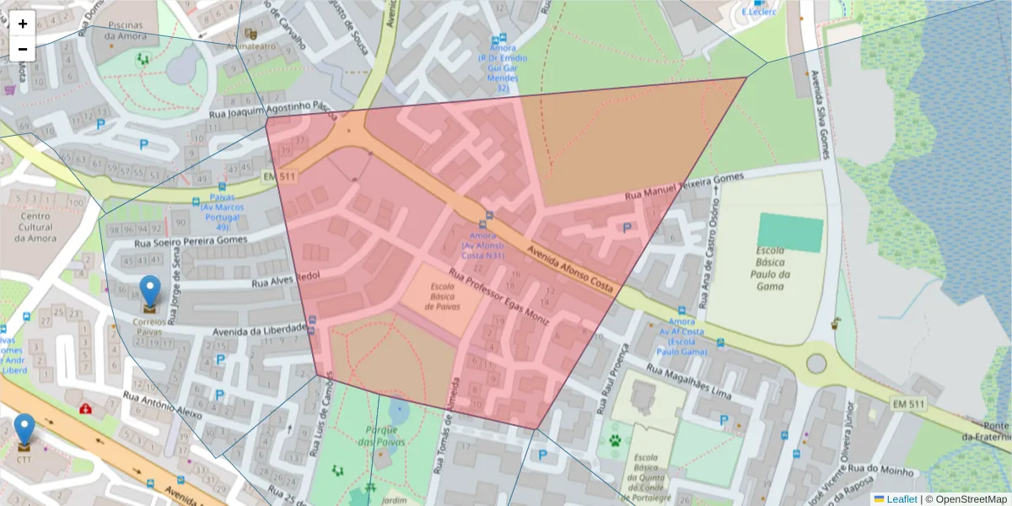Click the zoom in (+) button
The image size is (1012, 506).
(x=23, y=24)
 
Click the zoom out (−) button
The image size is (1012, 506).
(x=23, y=49)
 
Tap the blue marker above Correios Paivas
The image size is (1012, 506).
(x=149, y=292)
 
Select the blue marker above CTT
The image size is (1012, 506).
(x=25, y=429)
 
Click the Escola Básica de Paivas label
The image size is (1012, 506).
(x=442, y=296)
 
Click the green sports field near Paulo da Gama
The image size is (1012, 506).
(x=789, y=233)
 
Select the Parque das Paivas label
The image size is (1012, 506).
(x=381, y=436)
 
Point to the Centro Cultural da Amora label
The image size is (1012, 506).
(x=35, y=227)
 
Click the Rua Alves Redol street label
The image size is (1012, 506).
(x=283, y=277)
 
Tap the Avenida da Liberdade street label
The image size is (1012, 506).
(x=259, y=328)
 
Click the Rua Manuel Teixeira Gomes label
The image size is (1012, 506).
(x=684, y=186)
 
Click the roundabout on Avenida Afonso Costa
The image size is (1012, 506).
(x=816, y=363)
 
